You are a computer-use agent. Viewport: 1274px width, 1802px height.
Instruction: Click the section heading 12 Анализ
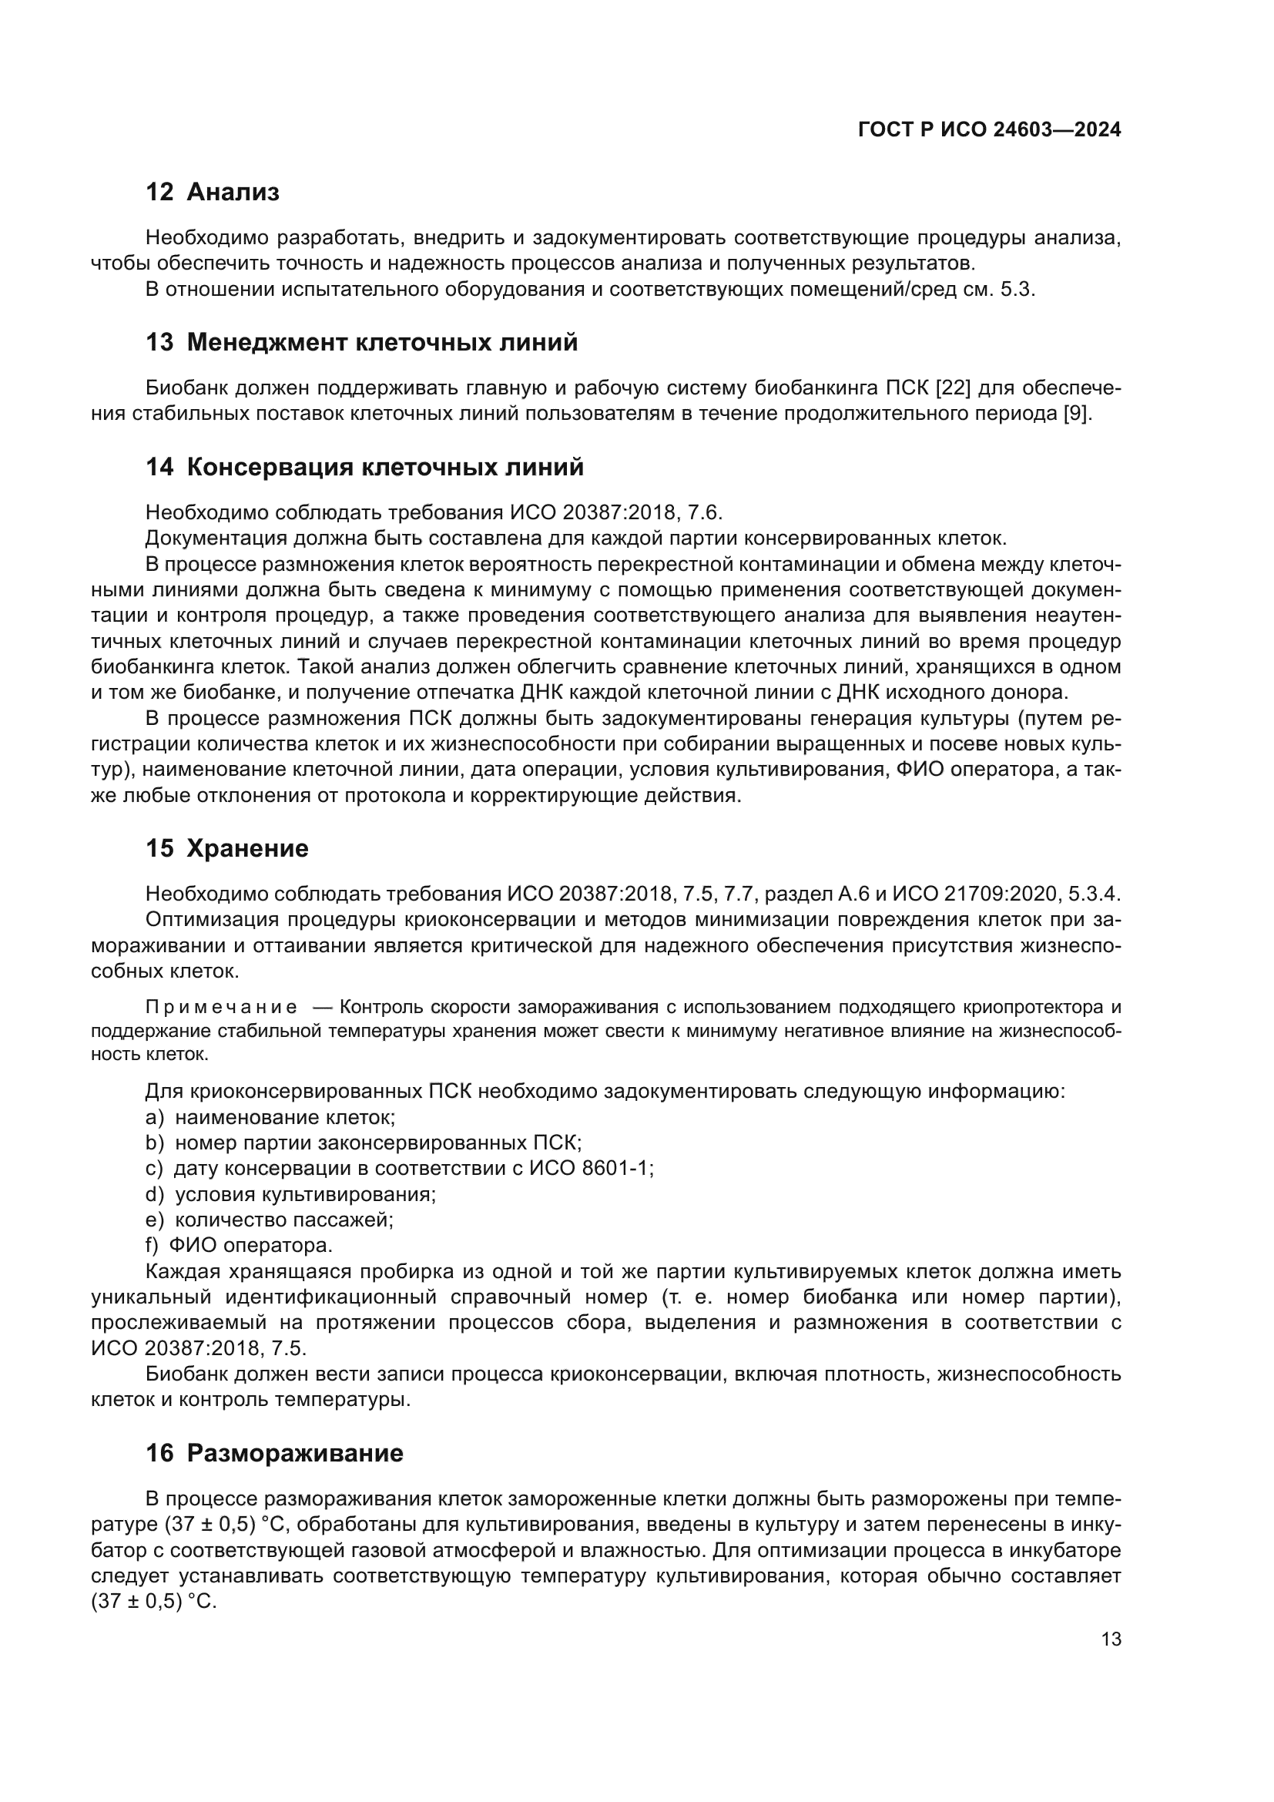(x=212, y=193)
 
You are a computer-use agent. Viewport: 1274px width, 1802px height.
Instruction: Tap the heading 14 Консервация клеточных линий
(x=364, y=468)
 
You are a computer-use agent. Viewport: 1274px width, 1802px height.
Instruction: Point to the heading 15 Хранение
(x=226, y=848)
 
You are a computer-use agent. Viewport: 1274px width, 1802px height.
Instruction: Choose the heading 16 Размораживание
(x=273, y=1454)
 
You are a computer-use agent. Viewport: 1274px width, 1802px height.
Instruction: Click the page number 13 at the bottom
(x=1111, y=1639)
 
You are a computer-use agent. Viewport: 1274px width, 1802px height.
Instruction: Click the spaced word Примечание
(x=221, y=1008)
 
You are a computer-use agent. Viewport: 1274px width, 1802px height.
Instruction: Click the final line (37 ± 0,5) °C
(x=154, y=1602)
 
